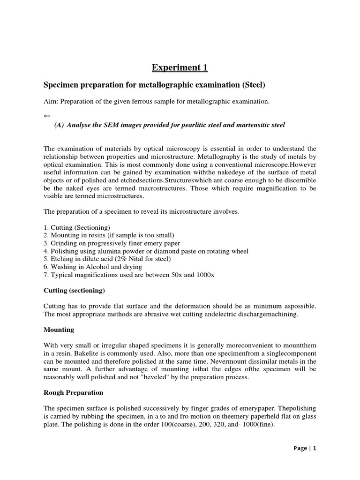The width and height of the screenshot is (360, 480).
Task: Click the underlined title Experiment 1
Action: coord(180,67)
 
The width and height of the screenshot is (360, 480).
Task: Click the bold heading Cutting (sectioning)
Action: coord(74,290)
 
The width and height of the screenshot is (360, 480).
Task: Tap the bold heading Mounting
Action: coord(59,330)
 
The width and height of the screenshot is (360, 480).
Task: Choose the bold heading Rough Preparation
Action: coord(73,392)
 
